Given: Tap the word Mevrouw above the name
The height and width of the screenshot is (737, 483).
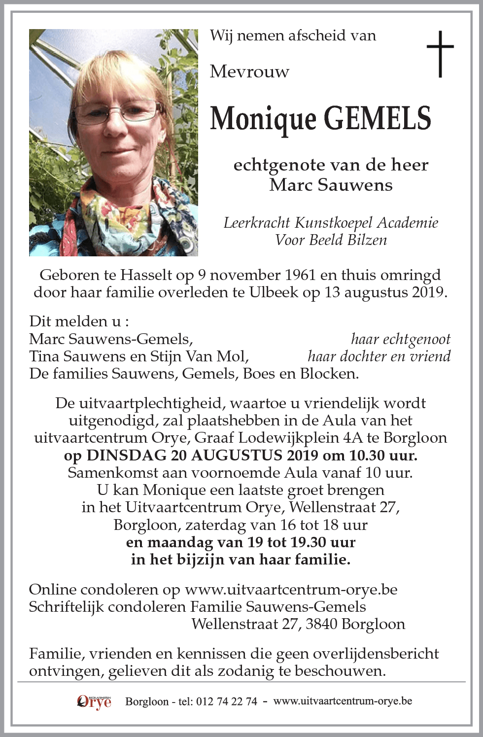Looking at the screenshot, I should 249,72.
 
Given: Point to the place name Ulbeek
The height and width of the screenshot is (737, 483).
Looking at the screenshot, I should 273,292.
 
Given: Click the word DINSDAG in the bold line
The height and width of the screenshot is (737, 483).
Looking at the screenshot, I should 127,455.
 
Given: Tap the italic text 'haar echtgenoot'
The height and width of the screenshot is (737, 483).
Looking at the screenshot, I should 400,339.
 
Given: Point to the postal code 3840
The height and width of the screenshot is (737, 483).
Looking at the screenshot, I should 321,624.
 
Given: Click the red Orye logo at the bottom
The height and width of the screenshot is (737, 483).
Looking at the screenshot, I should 95,701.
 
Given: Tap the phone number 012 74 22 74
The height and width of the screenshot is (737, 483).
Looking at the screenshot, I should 226,702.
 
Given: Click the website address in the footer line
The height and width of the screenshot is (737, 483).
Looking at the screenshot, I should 343,701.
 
